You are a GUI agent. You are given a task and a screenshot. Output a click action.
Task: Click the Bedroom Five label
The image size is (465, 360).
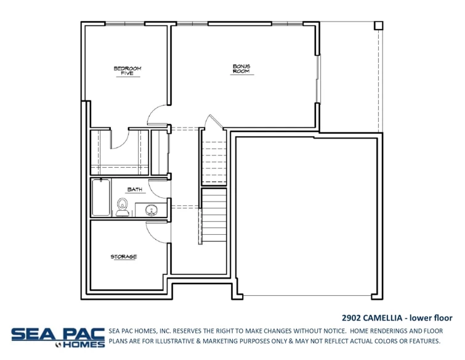(127, 71)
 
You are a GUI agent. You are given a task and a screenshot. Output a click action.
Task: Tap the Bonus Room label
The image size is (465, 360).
(242, 68)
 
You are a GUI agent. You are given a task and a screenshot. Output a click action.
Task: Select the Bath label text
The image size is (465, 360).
(135, 190)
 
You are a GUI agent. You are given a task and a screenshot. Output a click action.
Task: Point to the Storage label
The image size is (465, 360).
(124, 256)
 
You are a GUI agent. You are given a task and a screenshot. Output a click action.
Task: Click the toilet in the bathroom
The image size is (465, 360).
(122, 208)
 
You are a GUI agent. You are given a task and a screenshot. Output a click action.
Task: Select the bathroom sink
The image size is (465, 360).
(151, 210)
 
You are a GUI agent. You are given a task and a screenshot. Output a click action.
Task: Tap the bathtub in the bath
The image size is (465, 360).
(101, 197)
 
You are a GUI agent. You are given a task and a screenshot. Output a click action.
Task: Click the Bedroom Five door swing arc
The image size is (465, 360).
(156, 114)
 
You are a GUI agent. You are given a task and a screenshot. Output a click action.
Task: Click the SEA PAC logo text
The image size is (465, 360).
(58, 333)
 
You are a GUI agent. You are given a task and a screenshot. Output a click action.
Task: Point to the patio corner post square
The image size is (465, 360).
(378, 25)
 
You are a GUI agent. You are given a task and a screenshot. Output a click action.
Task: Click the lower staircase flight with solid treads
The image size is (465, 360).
(214, 216)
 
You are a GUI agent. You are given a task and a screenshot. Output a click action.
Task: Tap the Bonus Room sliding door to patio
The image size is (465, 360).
(318, 80)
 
